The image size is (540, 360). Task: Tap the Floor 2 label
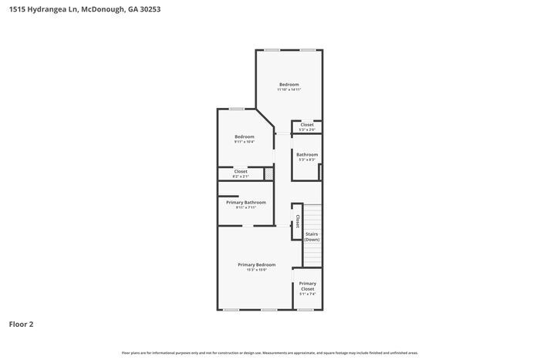(x=22, y=325)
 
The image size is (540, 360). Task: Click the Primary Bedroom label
(x=256, y=264)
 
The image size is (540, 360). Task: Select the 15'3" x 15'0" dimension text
(x=256, y=270)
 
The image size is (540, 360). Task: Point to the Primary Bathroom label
(x=245, y=202)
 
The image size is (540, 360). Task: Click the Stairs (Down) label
(x=312, y=237)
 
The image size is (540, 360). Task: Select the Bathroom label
(x=307, y=154)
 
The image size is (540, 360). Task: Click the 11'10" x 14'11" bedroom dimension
(x=289, y=89)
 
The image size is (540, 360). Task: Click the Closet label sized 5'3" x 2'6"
(x=307, y=124)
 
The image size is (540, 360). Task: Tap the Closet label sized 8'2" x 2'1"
(x=240, y=171)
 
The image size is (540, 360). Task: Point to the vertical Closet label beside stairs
(x=297, y=222)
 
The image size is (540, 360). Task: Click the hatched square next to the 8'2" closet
(x=269, y=174)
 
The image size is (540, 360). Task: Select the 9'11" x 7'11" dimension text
(x=245, y=207)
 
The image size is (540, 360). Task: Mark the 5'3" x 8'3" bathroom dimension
(x=307, y=160)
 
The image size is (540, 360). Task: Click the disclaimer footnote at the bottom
(x=269, y=352)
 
